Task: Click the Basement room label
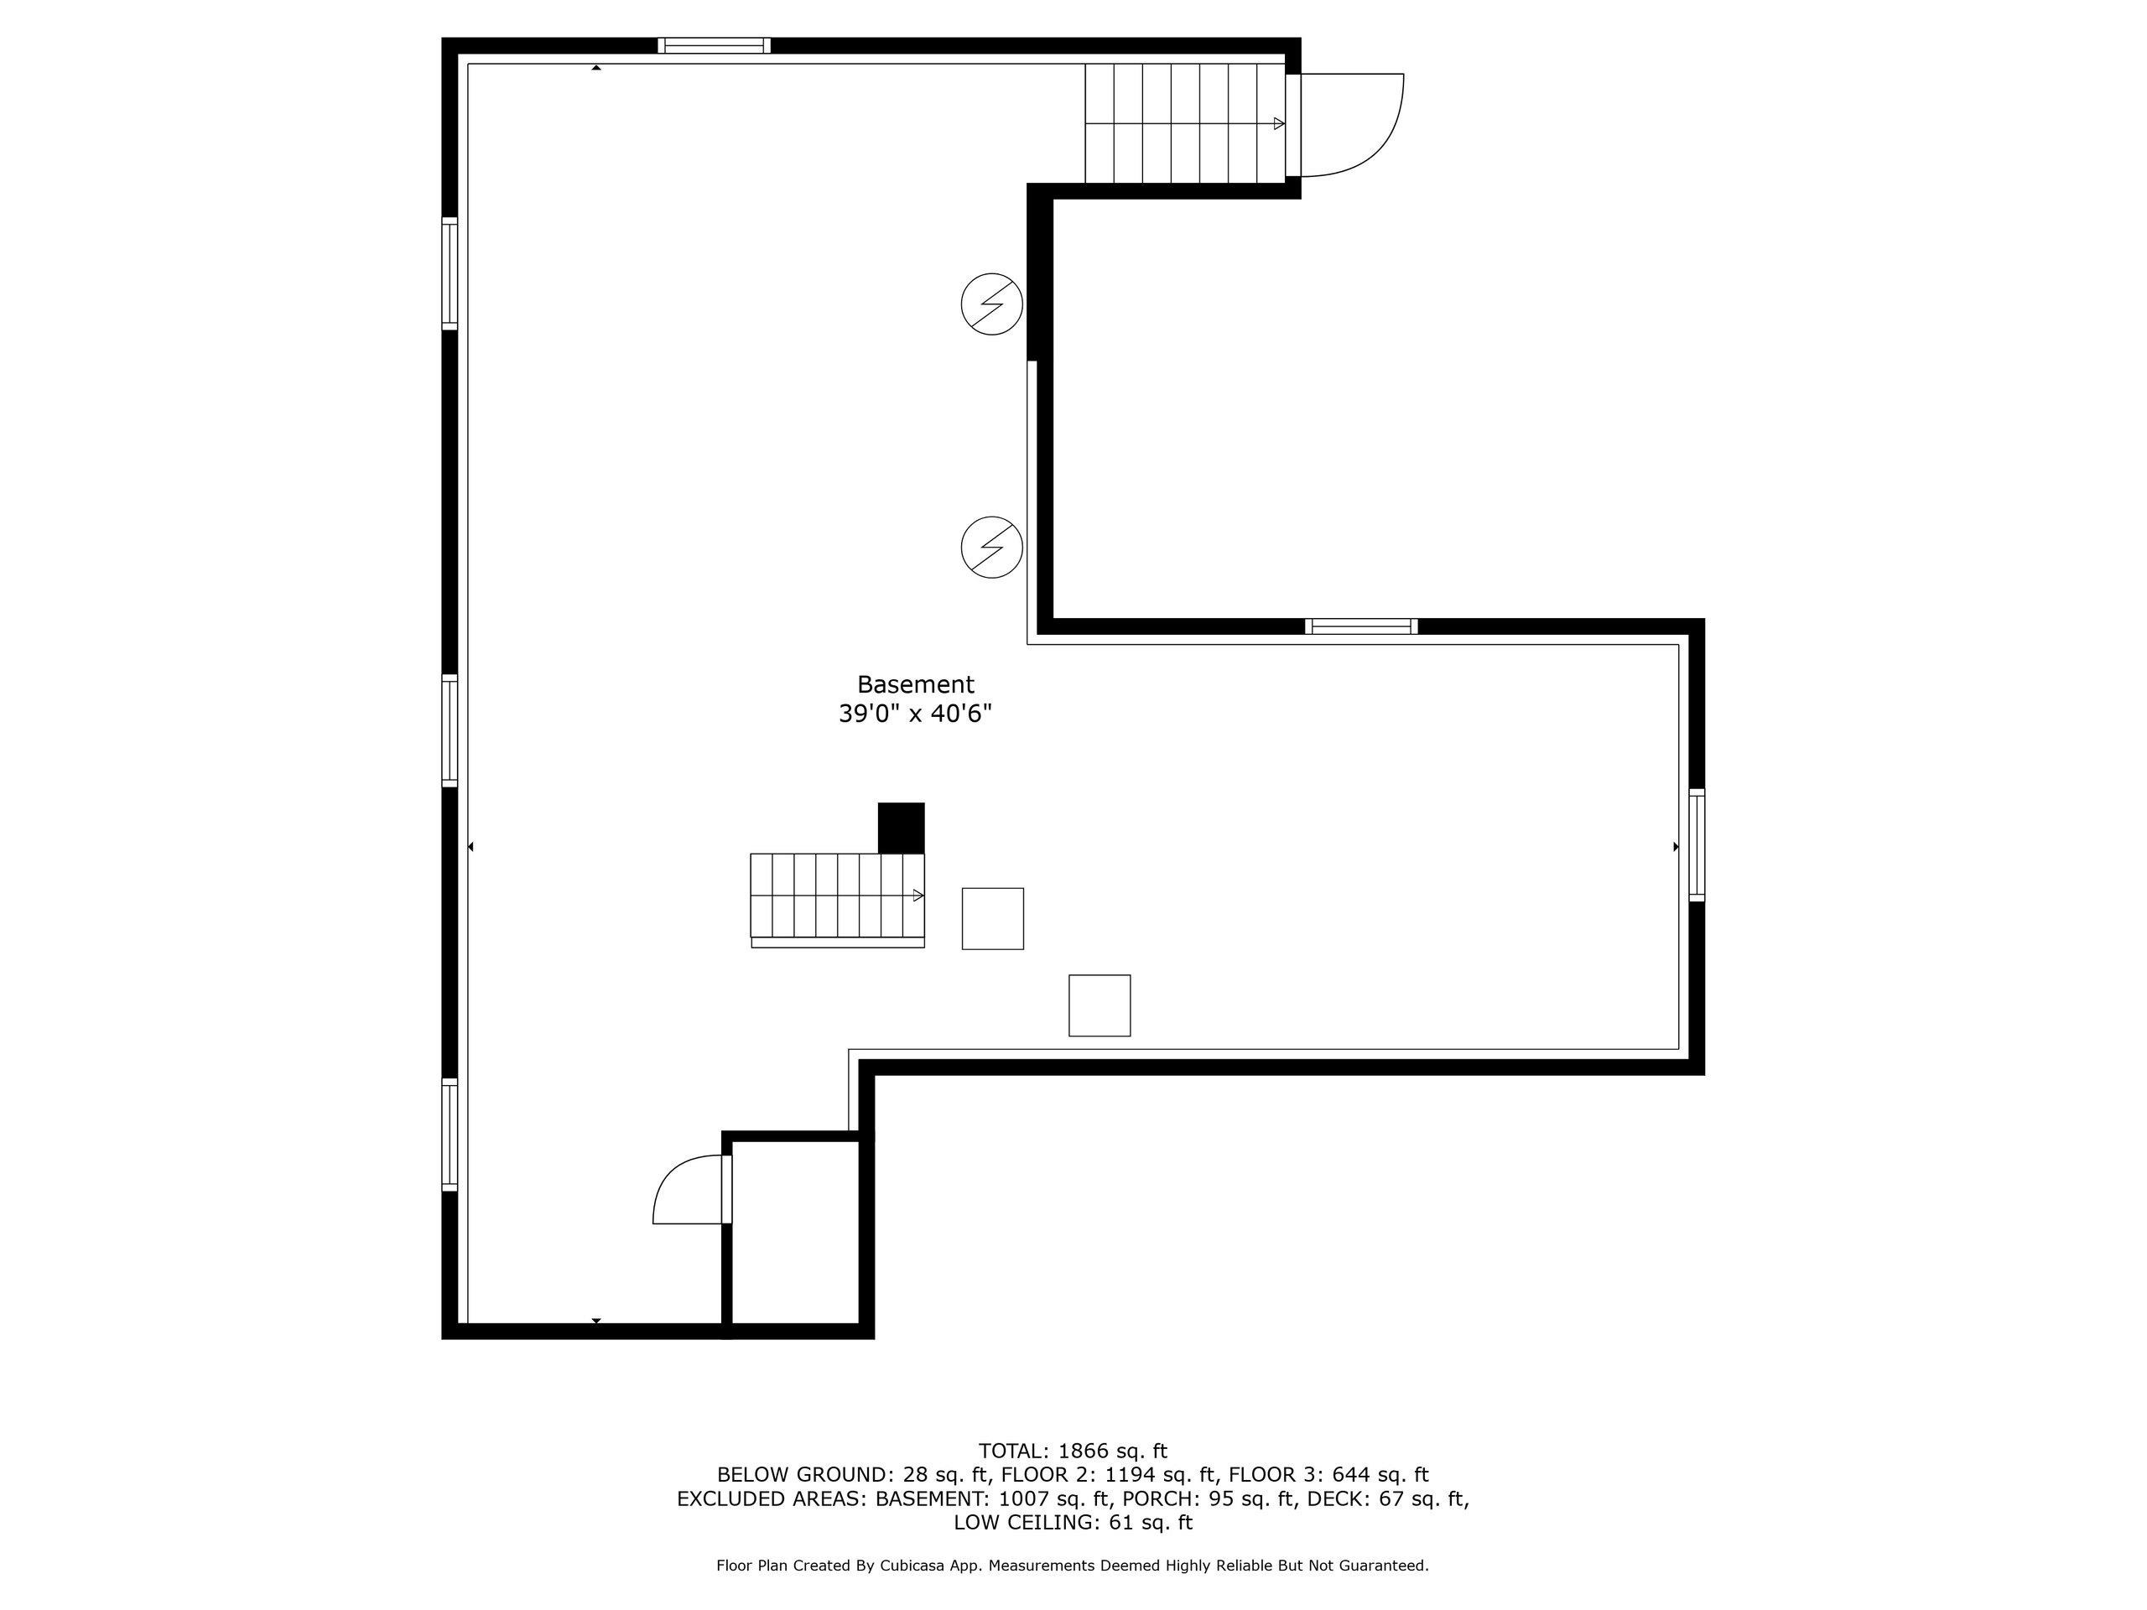click(915, 684)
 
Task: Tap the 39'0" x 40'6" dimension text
click(915, 714)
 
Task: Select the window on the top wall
click(715, 44)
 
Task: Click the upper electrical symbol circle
click(992, 304)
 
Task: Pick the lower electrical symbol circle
click(992, 548)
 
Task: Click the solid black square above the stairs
click(901, 828)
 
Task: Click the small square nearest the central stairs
click(993, 918)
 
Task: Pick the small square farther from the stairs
click(1099, 1005)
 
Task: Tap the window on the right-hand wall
click(1697, 845)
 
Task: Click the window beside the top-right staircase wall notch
click(1361, 626)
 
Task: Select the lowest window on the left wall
click(450, 1135)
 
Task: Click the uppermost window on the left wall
click(450, 273)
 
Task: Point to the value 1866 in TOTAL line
click(1082, 1451)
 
